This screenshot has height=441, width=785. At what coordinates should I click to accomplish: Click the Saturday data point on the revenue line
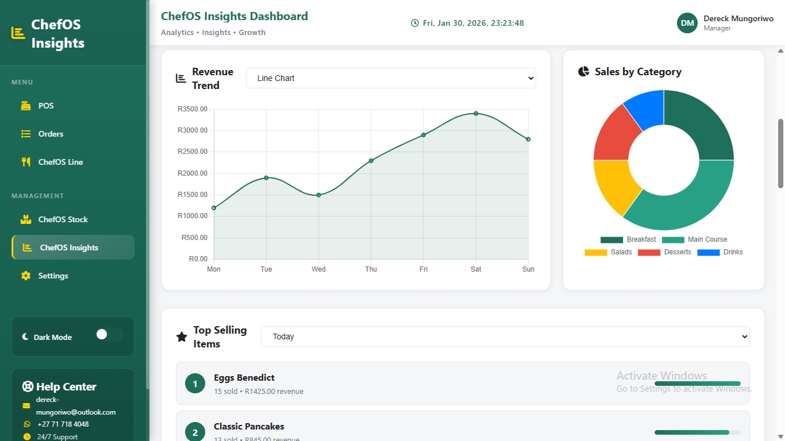point(476,114)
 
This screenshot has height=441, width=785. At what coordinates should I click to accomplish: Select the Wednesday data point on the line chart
point(318,195)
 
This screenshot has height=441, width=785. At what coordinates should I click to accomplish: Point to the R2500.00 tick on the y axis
point(193,152)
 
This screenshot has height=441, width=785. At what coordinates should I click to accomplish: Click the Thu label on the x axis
point(371,269)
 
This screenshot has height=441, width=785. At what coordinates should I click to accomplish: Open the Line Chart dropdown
point(391,78)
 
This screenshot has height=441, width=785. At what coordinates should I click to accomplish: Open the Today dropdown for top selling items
point(505,336)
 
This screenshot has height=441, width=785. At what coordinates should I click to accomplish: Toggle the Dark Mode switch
point(109,334)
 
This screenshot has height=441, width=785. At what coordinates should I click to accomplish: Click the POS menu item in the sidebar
point(46,106)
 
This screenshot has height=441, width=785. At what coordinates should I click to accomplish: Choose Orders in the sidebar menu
point(51,134)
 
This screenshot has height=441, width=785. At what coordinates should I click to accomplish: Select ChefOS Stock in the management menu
point(63,219)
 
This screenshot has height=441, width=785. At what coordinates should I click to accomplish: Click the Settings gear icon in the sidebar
point(26,276)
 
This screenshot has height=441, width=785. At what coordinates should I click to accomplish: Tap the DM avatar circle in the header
point(687,23)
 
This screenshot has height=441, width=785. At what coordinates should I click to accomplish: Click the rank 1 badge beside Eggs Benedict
point(195,384)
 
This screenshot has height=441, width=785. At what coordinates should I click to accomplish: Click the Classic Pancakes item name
point(249,427)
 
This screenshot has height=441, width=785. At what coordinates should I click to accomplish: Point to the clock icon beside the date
point(415,23)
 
